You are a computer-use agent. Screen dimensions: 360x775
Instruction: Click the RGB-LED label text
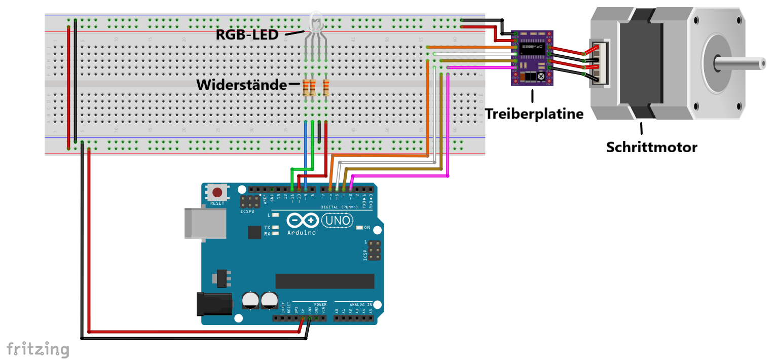247,35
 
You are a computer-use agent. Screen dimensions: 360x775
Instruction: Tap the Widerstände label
242,85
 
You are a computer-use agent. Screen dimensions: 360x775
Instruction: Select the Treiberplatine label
534,114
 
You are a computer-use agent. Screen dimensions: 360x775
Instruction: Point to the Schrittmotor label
651,148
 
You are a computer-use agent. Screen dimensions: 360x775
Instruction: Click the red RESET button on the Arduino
217,193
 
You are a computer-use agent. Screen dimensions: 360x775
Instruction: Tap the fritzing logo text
38,349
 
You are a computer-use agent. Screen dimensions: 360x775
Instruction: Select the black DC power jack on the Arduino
214,304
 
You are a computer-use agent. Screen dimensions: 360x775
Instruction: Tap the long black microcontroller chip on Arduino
324,281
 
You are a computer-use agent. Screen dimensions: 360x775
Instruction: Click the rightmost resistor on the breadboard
325,88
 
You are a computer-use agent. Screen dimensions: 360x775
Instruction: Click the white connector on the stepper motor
598,64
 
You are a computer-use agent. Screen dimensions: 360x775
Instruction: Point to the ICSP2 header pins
250,201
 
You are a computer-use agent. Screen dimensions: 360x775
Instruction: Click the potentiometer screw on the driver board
541,77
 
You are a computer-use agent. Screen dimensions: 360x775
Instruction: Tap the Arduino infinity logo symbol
303,221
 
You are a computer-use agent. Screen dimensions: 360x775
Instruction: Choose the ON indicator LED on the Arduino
360,227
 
